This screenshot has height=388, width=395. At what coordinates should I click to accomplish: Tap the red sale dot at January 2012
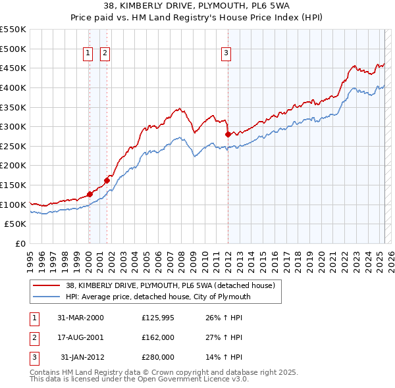point(228,134)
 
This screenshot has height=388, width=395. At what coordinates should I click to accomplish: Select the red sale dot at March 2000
point(90,194)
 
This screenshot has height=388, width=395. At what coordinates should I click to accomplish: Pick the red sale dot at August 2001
point(106,180)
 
